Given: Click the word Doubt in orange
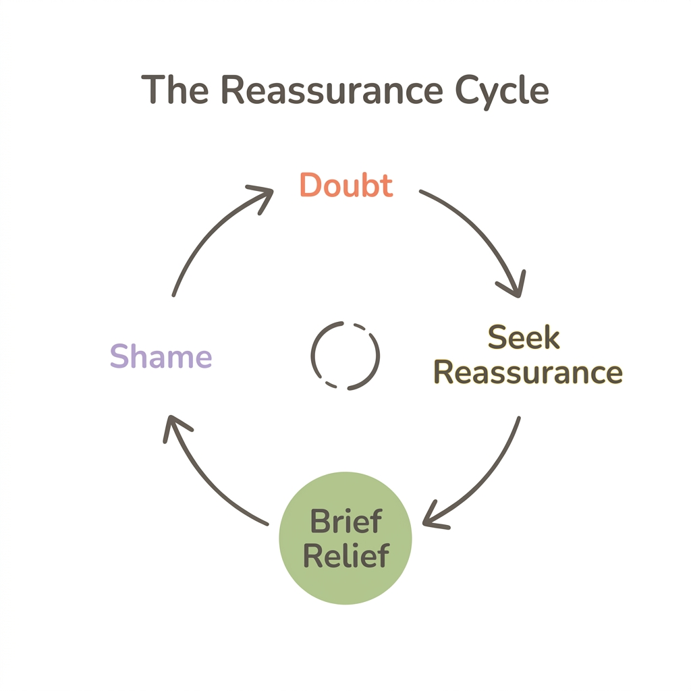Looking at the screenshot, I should pos(345,185).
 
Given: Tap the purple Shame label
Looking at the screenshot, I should pos(161,356).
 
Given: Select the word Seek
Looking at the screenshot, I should pos(524,337).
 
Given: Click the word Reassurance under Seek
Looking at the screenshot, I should pos(528,372).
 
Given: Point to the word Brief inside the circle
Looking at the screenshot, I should pos(345,522).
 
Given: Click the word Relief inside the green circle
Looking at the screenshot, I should pos(345,556).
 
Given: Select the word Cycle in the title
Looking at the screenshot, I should pos(501,90).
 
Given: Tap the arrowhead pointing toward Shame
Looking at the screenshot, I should pos(174,426).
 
